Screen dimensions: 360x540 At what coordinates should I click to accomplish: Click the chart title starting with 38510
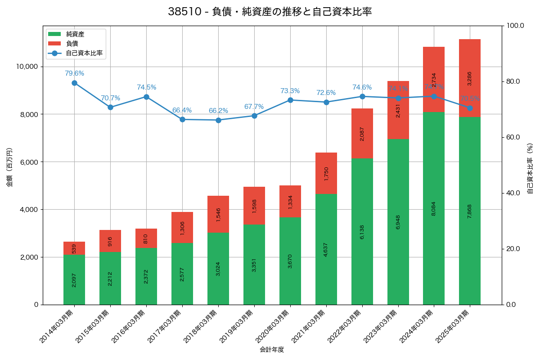(x=270, y=12)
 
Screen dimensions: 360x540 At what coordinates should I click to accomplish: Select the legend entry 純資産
(x=75, y=34)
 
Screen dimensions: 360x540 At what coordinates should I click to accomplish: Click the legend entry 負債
(x=72, y=44)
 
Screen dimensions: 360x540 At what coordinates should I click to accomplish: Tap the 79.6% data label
(x=74, y=73)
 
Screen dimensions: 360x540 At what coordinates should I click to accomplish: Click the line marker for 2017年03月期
(x=182, y=120)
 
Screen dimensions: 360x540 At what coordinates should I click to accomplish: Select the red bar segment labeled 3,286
(x=470, y=78)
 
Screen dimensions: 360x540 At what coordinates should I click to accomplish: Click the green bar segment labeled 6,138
(x=362, y=231)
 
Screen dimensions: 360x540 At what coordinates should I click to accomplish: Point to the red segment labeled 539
(x=74, y=248)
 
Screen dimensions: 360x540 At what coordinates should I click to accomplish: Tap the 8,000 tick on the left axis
(x=27, y=114)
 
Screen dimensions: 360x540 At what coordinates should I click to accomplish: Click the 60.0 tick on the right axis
(x=512, y=137)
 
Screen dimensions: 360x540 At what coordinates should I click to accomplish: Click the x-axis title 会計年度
(x=272, y=350)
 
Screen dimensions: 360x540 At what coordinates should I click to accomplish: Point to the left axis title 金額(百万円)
(x=9, y=167)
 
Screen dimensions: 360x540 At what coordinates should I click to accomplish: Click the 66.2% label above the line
(x=218, y=111)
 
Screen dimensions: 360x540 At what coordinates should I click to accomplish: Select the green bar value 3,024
(x=218, y=269)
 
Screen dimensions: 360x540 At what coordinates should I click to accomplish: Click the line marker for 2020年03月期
(x=290, y=100)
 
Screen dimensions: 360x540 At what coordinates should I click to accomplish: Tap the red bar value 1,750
(x=326, y=173)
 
